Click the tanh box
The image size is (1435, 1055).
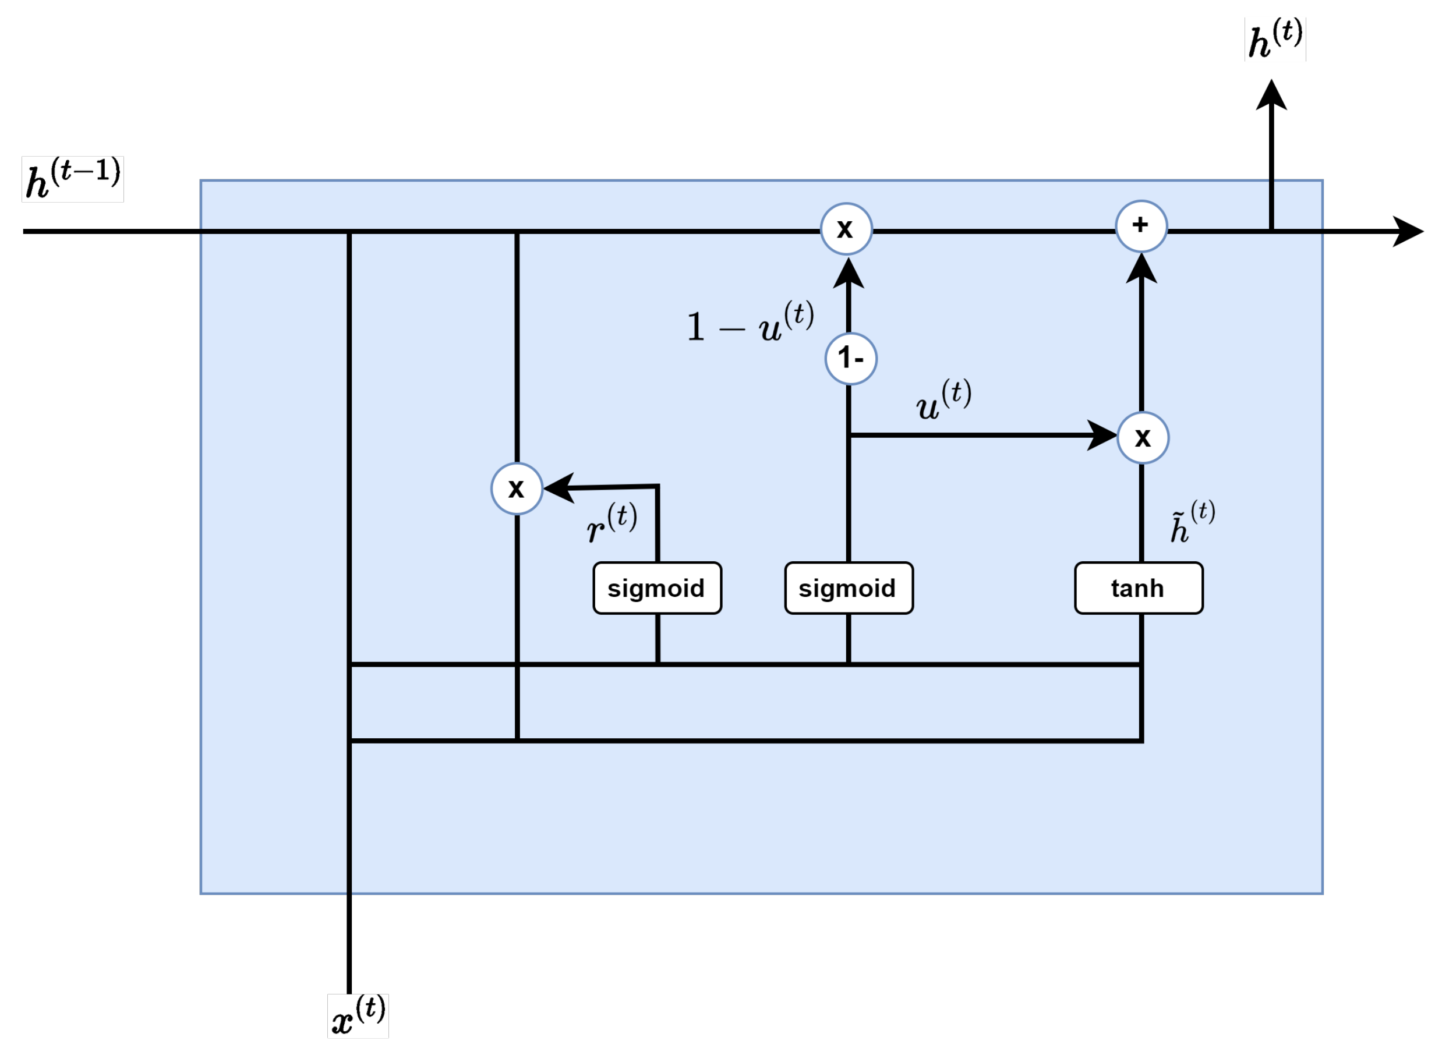point(1137,588)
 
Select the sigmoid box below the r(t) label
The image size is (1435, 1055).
point(656,588)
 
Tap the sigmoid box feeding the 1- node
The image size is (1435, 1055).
point(848,588)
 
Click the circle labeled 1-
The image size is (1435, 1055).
point(850,358)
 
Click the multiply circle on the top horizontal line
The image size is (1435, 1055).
point(846,229)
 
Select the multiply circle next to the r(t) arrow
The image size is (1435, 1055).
point(517,488)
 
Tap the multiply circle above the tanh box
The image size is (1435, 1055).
point(1143,437)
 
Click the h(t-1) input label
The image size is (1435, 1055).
point(72,179)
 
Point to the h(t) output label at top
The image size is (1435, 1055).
point(1275,40)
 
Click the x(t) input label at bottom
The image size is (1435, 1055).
point(358,1015)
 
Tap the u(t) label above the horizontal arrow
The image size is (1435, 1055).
point(943,400)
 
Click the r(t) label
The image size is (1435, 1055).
point(611,522)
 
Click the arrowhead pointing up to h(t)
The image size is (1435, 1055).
point(1271,96)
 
